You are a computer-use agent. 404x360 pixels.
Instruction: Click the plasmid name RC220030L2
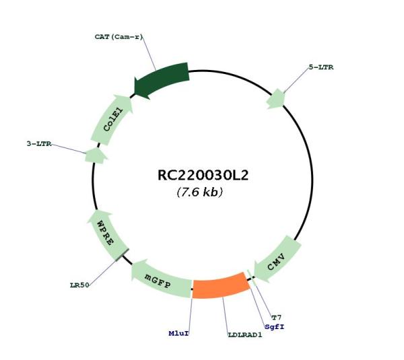pos(203,176)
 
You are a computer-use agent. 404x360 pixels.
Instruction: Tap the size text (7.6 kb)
pos(200,192)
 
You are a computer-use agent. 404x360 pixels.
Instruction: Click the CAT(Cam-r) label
pos(119,37)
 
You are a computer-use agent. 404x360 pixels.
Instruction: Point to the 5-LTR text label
pos(321,67)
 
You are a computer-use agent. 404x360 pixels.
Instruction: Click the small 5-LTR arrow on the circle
pos(276,99)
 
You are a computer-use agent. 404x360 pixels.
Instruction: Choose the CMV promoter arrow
pos(277,260)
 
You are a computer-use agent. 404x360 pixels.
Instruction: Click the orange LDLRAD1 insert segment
pos(221,285)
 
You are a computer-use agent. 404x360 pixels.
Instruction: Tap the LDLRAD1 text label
pos(245,335)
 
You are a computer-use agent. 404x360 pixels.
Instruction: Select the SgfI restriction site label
pos(275,327)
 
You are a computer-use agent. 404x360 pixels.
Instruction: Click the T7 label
pos(277,318)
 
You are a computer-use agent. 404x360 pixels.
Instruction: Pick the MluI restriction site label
pos(179,334)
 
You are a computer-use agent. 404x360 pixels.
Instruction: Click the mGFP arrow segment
pos(161,279)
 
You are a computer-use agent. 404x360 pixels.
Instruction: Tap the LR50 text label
pos(79,285)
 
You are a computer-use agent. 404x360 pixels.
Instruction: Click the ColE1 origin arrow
pos(112,120)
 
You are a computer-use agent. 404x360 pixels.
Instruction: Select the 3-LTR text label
pos(39,144)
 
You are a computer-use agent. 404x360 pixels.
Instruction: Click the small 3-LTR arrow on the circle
pos(96,156)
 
